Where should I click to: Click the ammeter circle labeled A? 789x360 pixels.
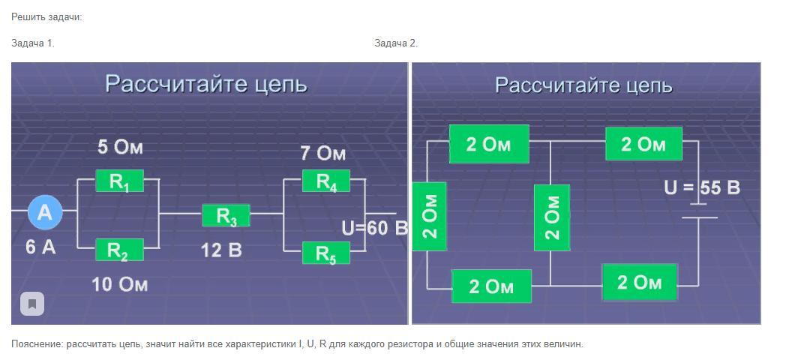pos(44,213)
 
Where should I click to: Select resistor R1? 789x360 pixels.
pos(119,181)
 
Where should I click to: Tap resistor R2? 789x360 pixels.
pos(118,250)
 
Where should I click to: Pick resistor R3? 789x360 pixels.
pos(226,216)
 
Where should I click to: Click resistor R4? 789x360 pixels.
pos(325,181)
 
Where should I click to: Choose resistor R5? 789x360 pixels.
pos(325,253)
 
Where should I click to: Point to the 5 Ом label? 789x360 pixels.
pos(120,147)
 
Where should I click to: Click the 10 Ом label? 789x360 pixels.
pos(120,284)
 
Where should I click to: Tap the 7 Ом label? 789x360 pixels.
pos(323,154)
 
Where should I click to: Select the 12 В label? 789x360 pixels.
pos(221,250)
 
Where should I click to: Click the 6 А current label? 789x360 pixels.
pos(40,247)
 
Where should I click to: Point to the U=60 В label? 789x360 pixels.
pos(374,228)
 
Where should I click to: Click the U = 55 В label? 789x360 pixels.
pos(702,187)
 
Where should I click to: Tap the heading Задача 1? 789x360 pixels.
pos(33,43)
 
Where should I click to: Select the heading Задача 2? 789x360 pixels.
pos(396,43)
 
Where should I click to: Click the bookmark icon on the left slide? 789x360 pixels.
pos(31,304)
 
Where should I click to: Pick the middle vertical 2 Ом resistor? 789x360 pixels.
pos(551,217)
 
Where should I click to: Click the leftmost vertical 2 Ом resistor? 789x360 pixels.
pos(429,217)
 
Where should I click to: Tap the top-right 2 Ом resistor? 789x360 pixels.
pos(643,144)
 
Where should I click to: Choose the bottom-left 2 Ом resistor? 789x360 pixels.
pos(491,286)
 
